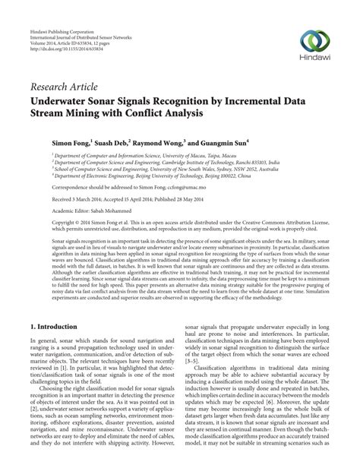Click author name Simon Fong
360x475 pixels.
70,142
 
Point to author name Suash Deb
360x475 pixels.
112,142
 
